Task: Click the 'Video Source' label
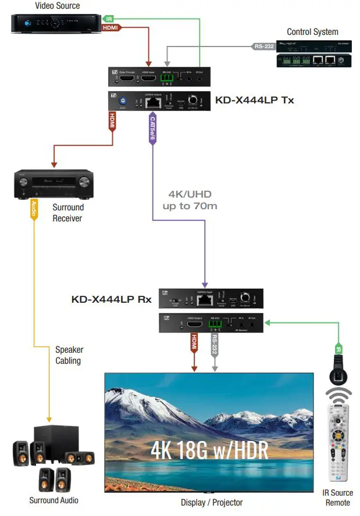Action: coord(57,6)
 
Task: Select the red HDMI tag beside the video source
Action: coord(111,27)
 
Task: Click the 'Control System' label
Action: coord(312,31)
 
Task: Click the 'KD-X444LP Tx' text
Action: coord(254,100)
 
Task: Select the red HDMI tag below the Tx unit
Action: coord(112,121)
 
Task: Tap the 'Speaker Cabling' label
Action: coord(69,355)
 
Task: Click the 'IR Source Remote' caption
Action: coord(338,497)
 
